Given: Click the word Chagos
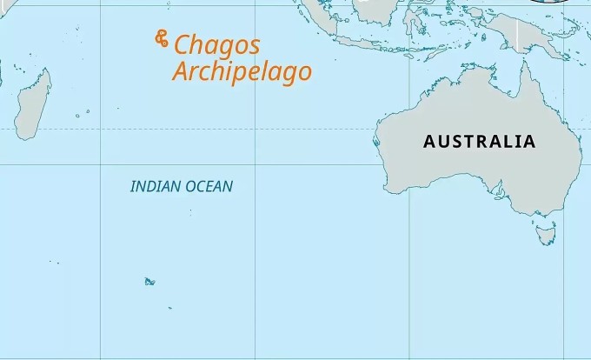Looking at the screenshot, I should tap(217, 46).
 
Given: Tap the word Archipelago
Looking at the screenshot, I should tap(242, 72).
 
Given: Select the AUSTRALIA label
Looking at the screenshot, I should tap(479, 142).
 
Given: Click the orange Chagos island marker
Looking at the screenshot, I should tap(161, 39).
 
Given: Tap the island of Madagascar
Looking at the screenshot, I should tap(32, 107).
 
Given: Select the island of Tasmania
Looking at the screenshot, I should tap(545, 233).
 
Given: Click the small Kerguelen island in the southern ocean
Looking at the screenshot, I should tap(149, 281).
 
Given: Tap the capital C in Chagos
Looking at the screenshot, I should tap(183, 46).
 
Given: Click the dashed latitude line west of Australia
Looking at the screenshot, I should tap(261, 129).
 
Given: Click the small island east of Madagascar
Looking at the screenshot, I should tap(78, 114).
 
